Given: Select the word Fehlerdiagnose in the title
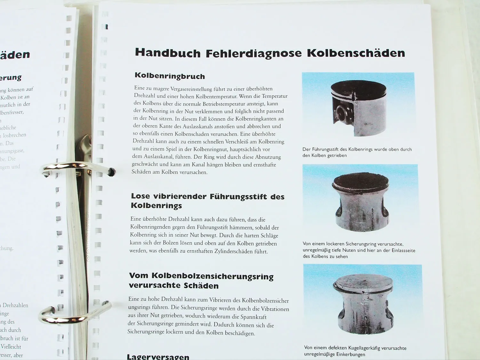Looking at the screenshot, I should tap(253, 53).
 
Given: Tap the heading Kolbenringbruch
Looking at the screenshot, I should tap(170, 76).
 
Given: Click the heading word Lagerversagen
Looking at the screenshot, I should tap(158, 356).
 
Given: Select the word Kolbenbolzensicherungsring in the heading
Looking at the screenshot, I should tap(212, 276).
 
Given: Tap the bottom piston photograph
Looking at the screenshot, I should tap(363, 300).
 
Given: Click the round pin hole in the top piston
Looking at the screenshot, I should tap(342, 112).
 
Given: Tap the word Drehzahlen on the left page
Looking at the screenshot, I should tap(15, 305).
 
